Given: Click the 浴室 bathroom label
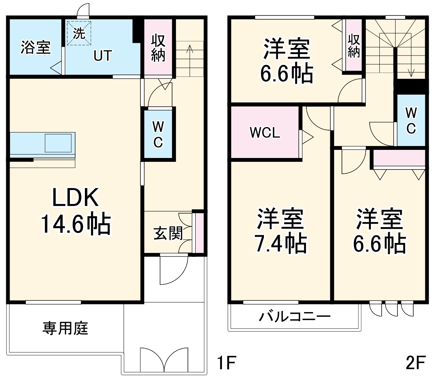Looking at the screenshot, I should [35, 48].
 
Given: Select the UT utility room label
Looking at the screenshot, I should [103, 56].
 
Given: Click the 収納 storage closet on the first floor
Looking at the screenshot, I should [158, 48].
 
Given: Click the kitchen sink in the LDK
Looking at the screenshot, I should [58, 143].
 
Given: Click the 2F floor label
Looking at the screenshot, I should [415, 363].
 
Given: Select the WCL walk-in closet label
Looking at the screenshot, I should [265, 132].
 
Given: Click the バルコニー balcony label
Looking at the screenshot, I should [295, 317].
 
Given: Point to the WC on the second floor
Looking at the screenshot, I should [411, 120].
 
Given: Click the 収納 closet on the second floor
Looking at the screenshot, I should [353, 46].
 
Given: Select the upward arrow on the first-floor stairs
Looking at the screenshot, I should [189, 49].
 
